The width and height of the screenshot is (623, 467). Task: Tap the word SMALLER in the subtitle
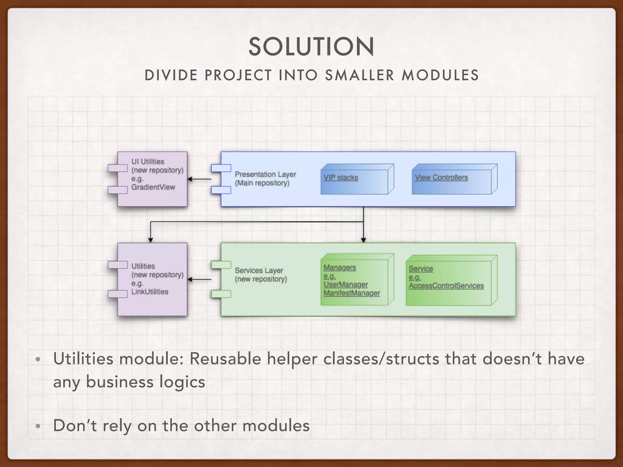click(x=360, y=75)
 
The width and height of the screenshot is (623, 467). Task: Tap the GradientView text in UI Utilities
click(x=153, y=187)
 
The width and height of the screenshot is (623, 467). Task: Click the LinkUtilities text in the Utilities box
click(x=150, y=292)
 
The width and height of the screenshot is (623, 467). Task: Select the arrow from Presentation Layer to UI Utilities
click(x=199, y=179)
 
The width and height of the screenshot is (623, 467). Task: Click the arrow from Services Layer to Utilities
click(x=199, y=279)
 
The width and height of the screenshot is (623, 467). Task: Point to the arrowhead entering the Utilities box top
click(x=151, y=240)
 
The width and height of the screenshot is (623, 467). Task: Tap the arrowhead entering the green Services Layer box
click(x=363, y=240)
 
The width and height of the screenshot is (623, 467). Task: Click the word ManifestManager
click(x=352, y=293)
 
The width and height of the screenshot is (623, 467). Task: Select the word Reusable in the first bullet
click(x=225, y=359)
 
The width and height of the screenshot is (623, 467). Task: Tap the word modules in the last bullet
click(x=276, y=425)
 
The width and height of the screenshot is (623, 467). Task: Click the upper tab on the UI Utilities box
click(x=118, y=168)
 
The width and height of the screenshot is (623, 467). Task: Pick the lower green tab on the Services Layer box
click(x=221, y=294)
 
